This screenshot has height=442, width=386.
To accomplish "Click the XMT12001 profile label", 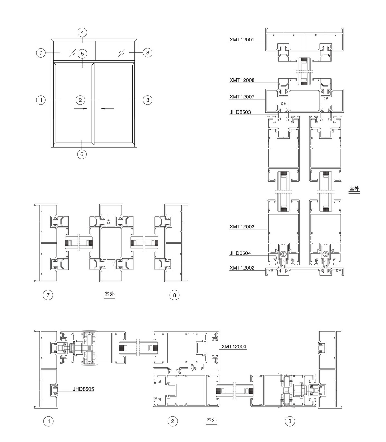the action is tap(242, 40).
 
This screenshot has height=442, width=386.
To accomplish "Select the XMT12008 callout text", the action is tap(242, 80).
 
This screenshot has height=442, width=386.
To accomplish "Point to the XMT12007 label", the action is tap(242, 97).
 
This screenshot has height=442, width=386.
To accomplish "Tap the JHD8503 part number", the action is tap(240, 112).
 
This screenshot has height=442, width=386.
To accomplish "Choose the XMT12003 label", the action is tap(242, 227).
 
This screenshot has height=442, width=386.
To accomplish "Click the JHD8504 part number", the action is tap(240, 253).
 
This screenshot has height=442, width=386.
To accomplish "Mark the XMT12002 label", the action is tap(242, 268).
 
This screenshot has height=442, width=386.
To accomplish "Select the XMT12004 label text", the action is tap(234, 347).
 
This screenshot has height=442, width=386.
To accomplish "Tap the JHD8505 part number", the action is tap(83, 389).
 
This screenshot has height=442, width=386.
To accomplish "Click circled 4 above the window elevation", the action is tap(82, 32).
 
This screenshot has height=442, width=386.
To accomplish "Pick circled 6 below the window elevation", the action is tap(82, 154).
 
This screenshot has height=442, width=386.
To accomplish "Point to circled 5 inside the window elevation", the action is tap(82, 54).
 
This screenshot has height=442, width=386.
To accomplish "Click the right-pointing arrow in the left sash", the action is tap(80, 109).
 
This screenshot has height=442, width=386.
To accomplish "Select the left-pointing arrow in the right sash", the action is tap(107, 109).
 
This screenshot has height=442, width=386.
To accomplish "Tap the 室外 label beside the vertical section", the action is tap(354, 189).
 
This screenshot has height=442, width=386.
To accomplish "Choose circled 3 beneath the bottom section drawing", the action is tap(290, 421).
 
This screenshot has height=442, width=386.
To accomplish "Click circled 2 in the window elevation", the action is tap(80, 100).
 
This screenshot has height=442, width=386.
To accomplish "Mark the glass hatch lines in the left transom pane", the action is tap(73, 52).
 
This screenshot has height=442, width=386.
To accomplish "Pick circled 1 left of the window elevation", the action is tap(41, 100).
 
